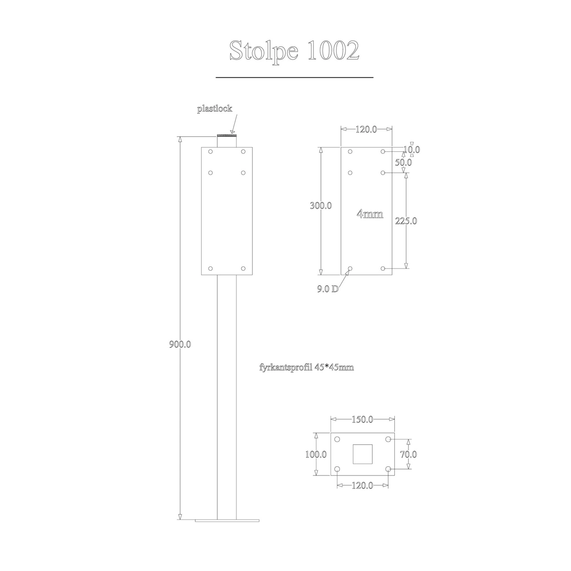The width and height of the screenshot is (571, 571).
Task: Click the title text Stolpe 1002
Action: pos(294,51)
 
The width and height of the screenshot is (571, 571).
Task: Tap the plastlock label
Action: pos(215,109)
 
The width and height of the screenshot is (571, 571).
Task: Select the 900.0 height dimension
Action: pos(180,344)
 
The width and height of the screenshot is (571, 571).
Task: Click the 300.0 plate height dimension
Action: pos(321,205)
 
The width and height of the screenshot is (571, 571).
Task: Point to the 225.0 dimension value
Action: pos(406,221)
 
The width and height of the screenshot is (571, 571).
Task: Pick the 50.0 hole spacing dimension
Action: pos(403,162)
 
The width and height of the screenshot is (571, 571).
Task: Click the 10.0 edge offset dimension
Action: pos(412,149)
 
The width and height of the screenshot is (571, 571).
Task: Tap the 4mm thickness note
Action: pos(370,214)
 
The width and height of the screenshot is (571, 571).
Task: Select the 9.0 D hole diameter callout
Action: pos(328,289)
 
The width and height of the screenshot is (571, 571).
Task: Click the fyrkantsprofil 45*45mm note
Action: pos(306,368)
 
